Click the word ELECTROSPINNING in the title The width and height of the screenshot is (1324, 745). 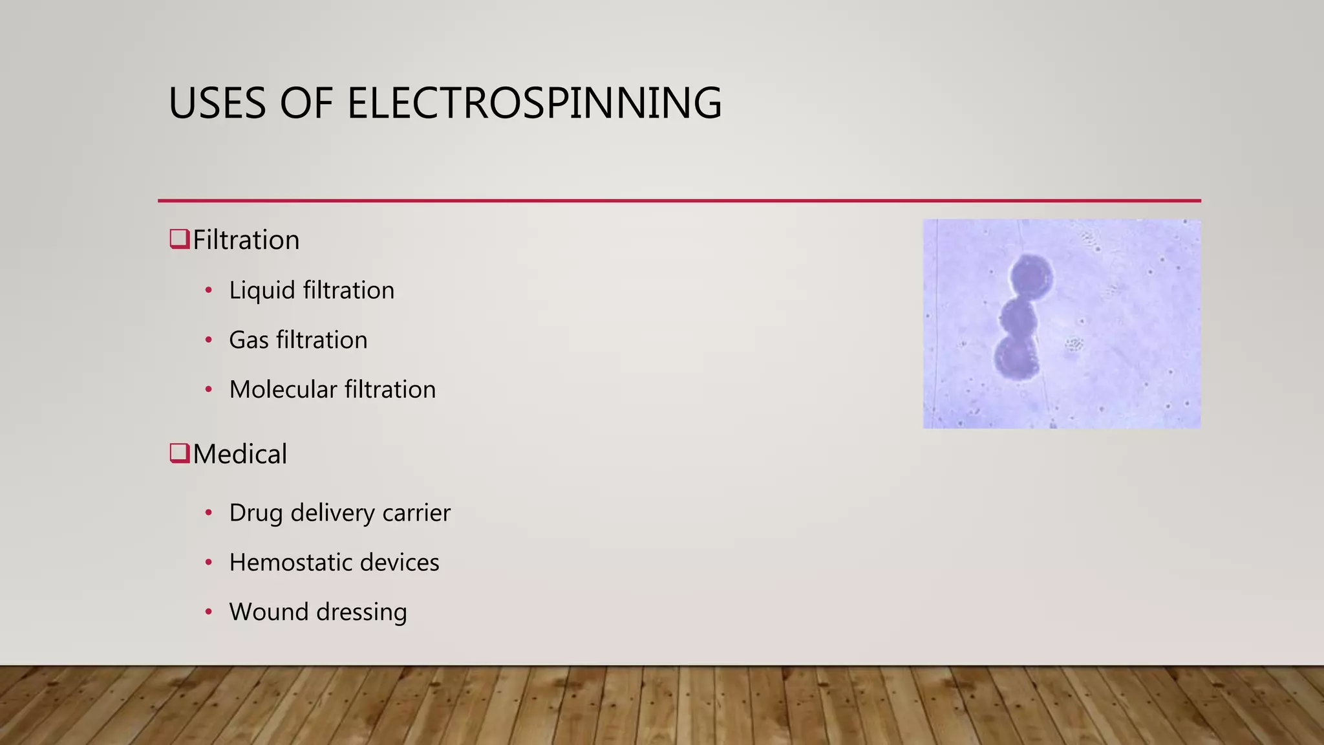534,103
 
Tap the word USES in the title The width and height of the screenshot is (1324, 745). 217,103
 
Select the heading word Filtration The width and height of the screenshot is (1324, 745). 246,240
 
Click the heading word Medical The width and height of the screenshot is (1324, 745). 239,454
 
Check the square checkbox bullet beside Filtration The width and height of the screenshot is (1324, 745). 178,239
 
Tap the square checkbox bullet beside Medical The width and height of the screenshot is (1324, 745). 178,453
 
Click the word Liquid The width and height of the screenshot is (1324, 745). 262,290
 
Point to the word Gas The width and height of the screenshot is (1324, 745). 248,340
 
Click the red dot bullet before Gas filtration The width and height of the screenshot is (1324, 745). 208,340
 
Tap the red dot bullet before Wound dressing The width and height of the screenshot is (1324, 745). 208,612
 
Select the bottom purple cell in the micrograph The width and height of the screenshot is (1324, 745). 1016,357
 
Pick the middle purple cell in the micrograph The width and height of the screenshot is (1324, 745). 1018,317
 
